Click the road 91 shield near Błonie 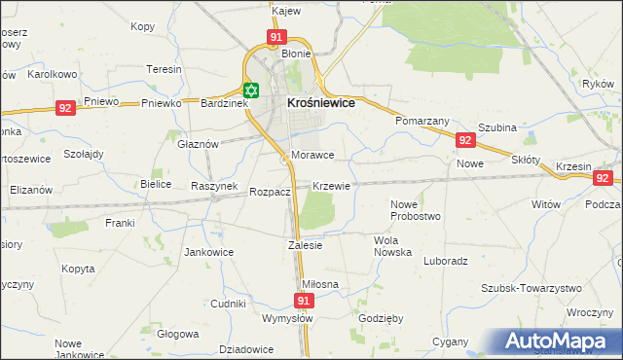click(276, 37)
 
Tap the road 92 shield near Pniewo click(65, 108)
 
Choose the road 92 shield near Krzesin click(603, 178)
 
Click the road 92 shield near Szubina click(465, 141)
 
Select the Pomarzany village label click(421, 121)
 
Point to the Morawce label click(312, 155)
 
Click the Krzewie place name click(331, 185)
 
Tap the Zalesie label click(305, 245)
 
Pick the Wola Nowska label click(393, 245)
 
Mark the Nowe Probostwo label click(416, 210)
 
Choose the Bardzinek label click(225, 102)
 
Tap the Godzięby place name click(382, 319)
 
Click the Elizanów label click(30, 190)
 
